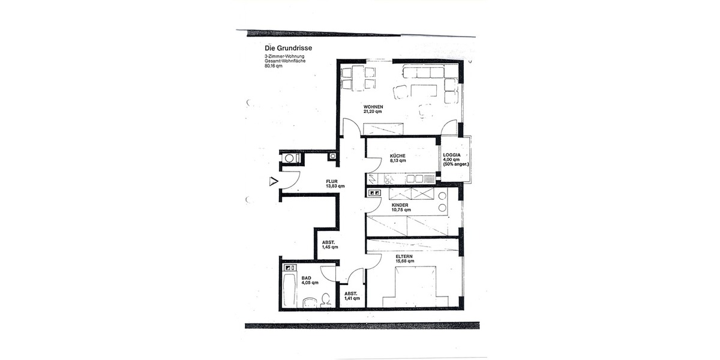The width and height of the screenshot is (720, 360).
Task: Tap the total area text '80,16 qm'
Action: [x=273, y=66]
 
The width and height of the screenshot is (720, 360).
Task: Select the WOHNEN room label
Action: [x=373, y=107]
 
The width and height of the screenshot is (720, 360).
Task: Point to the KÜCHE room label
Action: [x=398, y=155]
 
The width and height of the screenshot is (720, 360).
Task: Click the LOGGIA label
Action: [x=452, y=155]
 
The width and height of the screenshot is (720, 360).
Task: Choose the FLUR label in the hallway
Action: [x=332, y=181]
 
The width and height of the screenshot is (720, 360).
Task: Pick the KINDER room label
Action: [x=400, y=205]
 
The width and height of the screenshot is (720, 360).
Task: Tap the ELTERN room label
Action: [x=403, y=256]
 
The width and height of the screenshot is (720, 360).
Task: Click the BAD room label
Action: [x=306, y=278]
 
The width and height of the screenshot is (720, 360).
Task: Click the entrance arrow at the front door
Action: [x=274, y=181]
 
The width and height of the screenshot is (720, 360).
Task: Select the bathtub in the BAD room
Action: [x=289, y=290]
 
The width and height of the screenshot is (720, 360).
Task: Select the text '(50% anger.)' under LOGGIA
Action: [x=456, y=164]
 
